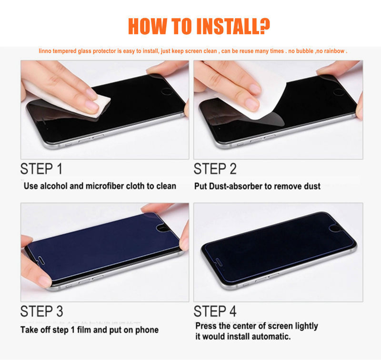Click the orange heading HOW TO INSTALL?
click(x=199, y=26)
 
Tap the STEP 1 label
click(x=41, y=169)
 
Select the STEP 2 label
click(x=215, y=169)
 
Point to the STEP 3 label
click(x=41, y=311)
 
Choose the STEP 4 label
click(x=215, y=311)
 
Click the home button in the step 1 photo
click(x=167, y=91)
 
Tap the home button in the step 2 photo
click(x=339, y=92)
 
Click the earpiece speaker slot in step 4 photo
click(x=220, y=262)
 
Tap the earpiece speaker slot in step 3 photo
click(x=41, y=260)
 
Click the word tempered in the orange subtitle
click(x=65, y=51)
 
